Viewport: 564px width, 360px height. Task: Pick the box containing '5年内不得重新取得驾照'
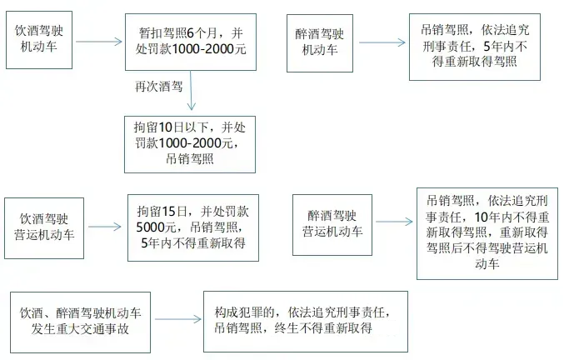(x=469, y=46)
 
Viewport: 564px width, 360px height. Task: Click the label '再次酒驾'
(x=158, y=86)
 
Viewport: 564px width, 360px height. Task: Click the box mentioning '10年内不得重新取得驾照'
(x=487, y=233)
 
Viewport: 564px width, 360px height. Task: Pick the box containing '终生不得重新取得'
(x=305, y=321)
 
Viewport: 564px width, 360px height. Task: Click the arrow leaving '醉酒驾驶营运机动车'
(x=393, y=221)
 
